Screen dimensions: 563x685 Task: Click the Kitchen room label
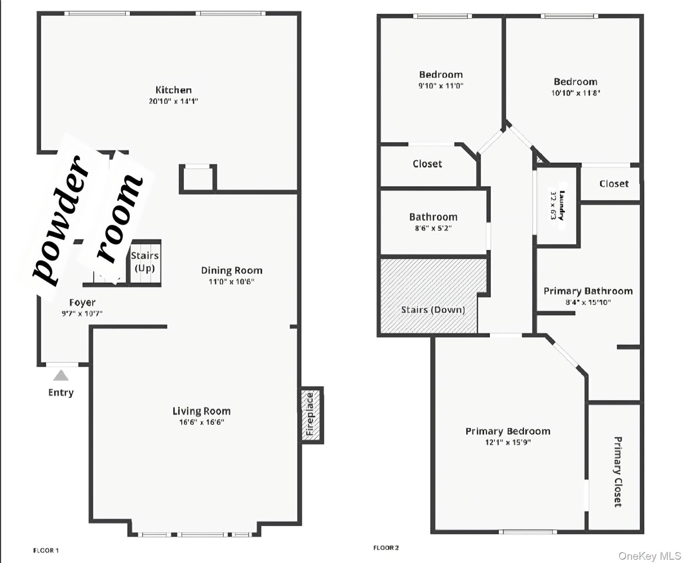173,90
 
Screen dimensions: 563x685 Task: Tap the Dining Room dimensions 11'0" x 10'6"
232,282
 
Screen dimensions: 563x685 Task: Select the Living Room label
201,411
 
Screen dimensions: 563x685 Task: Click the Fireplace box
311,415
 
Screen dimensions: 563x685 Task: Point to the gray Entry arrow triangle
61,376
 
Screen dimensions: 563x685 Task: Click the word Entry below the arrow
61,393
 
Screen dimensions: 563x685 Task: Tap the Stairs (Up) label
145,262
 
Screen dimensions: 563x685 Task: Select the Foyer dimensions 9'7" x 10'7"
82,313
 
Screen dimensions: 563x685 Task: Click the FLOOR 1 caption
46,550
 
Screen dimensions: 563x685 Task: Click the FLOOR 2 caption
386,548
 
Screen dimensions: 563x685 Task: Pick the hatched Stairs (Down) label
433,310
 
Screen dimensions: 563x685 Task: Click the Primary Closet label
618,472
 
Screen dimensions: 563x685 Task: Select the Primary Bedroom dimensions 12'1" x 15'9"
508,442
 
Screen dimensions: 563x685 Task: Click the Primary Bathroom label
588,291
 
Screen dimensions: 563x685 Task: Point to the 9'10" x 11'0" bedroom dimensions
441,86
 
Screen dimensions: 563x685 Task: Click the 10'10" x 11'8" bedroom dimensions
575,93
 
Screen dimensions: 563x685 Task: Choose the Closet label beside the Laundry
614,184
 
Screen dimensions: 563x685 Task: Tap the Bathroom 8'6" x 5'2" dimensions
433,228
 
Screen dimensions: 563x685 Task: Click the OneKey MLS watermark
649,556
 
